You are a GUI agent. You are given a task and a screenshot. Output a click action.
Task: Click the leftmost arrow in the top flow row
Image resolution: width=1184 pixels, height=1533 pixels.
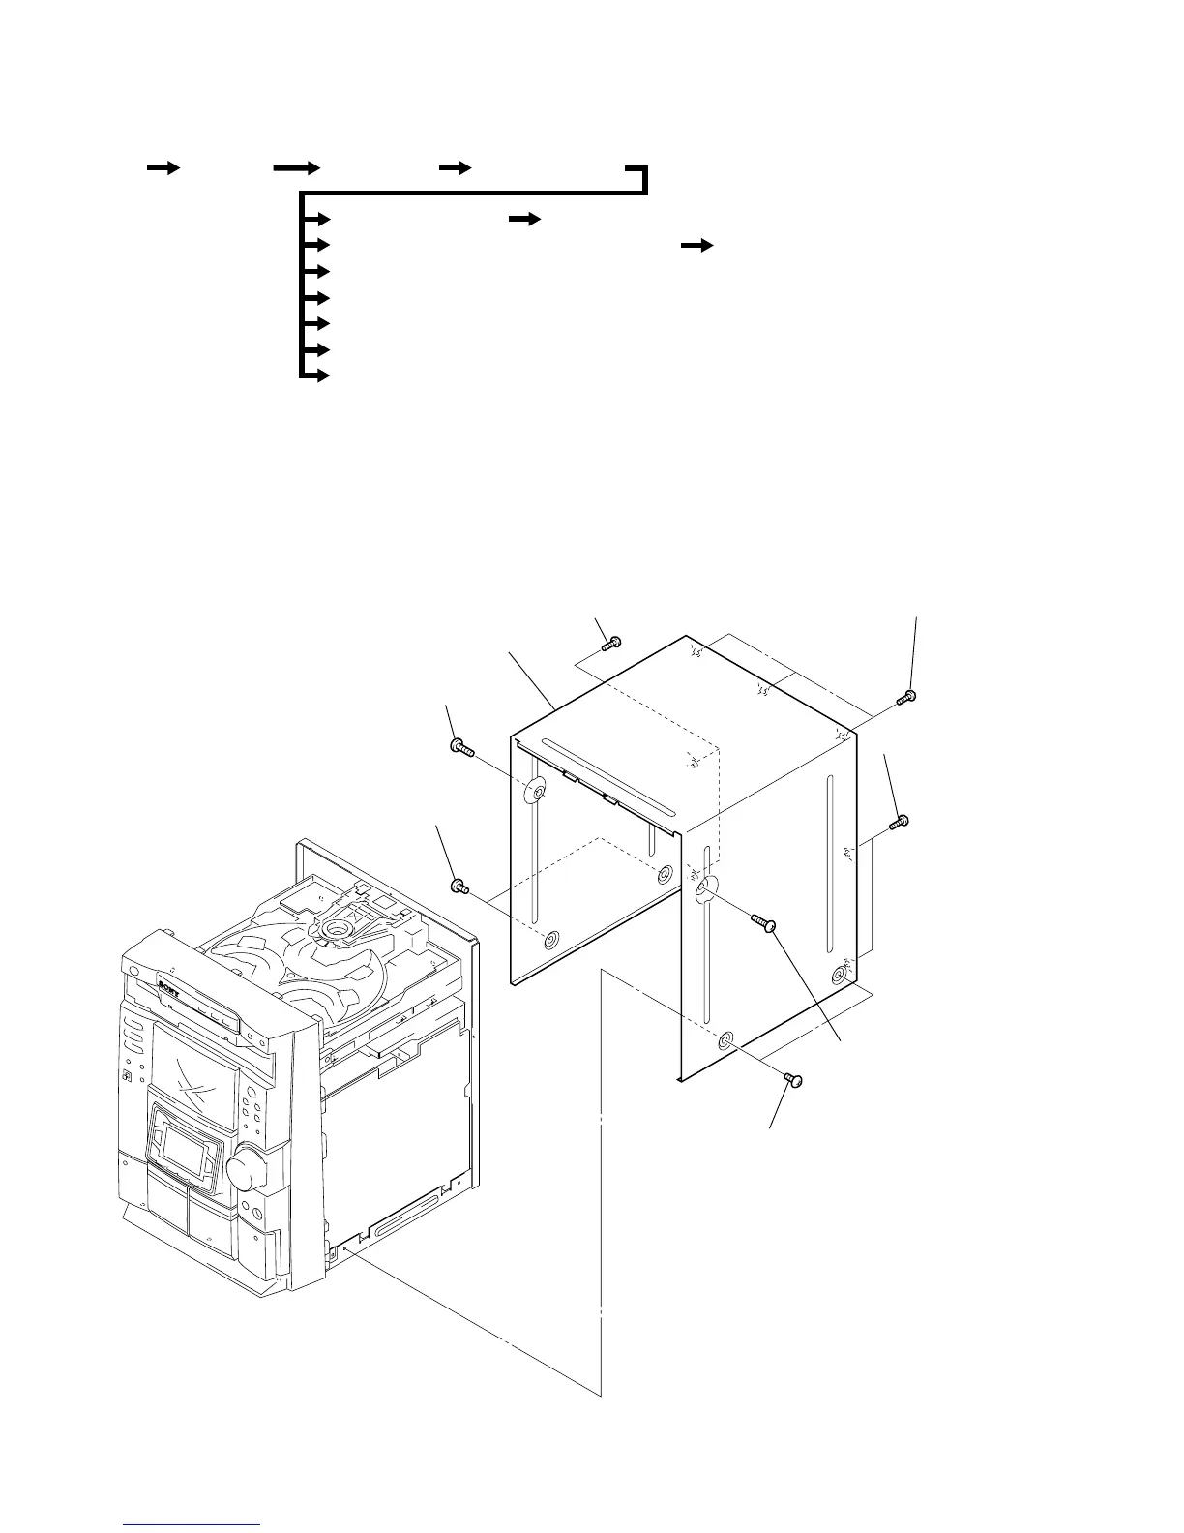163,167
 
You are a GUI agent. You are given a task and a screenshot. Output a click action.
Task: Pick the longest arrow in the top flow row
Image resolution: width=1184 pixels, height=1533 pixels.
296,167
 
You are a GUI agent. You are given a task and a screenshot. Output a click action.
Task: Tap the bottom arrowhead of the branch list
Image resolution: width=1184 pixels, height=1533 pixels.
319,376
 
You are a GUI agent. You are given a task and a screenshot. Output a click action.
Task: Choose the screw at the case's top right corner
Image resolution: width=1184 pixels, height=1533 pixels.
906,697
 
